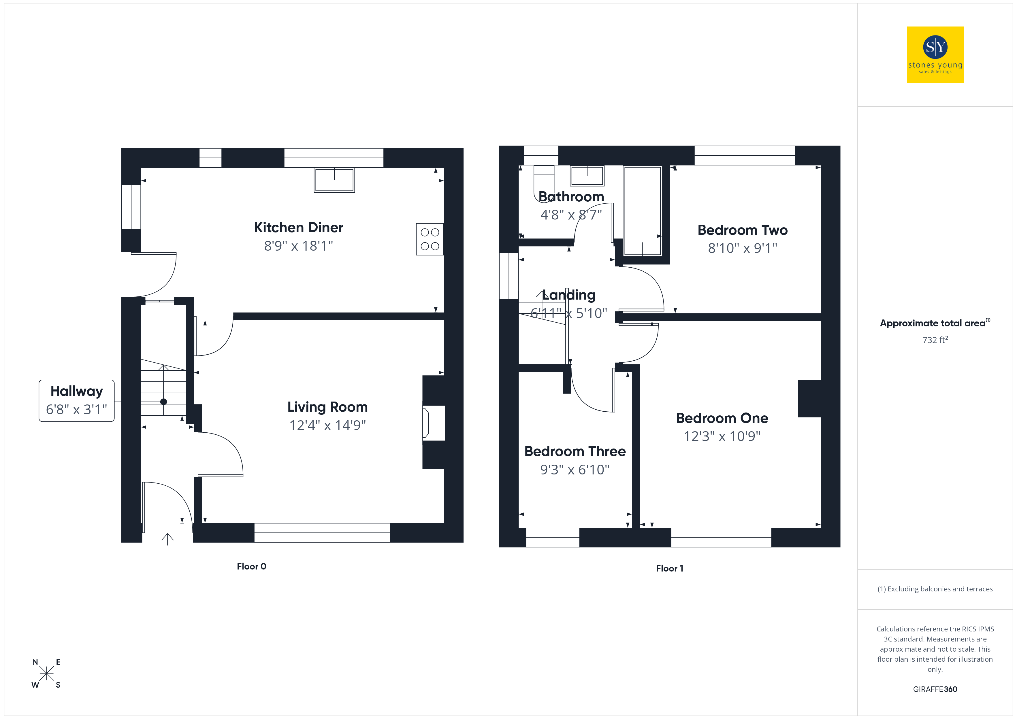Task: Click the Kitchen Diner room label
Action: point(299,228)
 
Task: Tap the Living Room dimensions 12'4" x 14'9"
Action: point(327,425)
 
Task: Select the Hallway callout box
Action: point(77,401)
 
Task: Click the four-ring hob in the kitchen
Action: point(430,239)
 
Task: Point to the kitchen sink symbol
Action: point(334,180)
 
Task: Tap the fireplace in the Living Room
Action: point(433,423)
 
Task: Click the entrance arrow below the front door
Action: point(167,539)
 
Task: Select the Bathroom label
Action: point(571,196)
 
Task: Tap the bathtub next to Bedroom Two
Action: point(643,211)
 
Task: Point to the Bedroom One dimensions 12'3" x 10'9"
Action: point(722,436)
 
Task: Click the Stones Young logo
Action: point(935,55)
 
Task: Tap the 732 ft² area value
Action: point(935,340)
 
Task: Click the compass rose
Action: point(46,673)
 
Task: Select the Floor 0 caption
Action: point(252,566)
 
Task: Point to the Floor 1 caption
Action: point(670,568)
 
